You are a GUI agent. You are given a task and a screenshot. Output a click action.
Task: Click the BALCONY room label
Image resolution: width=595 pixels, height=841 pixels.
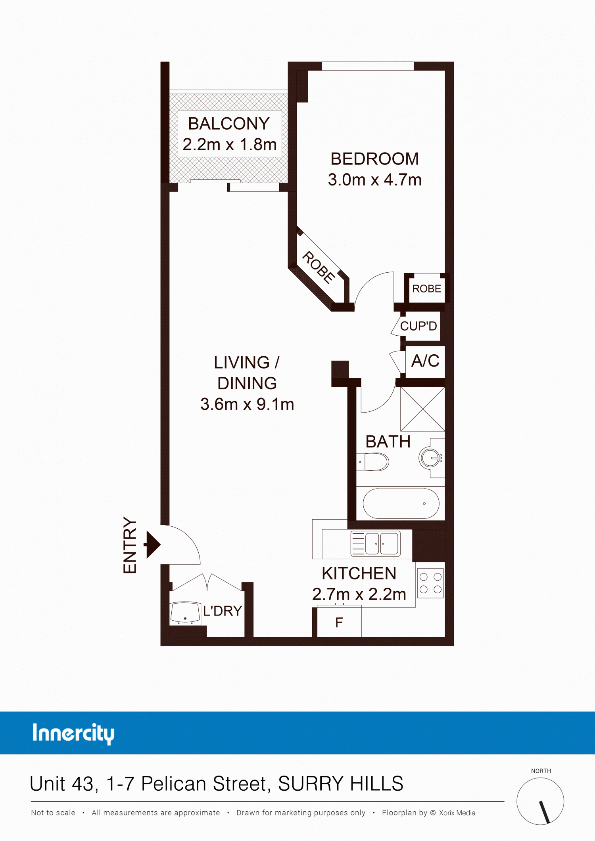point(229,124)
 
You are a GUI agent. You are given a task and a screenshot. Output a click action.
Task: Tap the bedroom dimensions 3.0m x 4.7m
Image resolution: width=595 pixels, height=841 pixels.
point(374,180)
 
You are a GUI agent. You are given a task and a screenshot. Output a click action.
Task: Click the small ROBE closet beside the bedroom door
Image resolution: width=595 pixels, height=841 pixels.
point(426,289)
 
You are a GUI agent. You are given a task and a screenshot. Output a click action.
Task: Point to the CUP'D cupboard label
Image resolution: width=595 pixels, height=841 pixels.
point(418,326)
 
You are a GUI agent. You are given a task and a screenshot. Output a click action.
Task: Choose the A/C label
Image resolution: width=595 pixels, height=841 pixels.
point(425,361)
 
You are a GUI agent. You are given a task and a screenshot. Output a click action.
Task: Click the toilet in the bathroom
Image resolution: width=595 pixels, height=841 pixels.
point(372,462)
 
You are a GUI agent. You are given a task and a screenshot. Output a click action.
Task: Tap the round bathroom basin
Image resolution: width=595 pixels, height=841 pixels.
point(430,458)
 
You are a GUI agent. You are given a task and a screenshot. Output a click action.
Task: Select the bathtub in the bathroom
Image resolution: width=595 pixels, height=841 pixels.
point(401,503)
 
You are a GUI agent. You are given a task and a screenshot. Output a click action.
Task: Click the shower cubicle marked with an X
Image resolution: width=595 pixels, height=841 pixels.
point(422,409)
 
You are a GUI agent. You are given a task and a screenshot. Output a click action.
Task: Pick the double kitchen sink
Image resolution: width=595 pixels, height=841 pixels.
point(375,543)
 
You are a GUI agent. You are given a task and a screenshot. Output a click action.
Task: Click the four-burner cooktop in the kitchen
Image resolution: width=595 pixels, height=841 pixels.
point(430,583)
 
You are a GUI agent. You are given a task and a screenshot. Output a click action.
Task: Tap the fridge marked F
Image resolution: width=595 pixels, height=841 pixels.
point(339,622)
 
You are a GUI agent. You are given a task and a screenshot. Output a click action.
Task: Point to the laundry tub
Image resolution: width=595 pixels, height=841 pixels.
point(185,613)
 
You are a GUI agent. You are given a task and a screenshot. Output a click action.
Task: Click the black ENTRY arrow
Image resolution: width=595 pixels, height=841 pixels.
point(152,545)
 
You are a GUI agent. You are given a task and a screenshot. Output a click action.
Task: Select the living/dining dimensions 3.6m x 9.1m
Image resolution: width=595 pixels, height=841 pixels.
point(247,404)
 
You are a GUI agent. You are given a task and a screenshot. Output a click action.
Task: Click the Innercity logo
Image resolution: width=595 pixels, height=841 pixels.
point(73,734)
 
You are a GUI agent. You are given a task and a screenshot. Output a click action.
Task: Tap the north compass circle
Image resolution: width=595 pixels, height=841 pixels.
point(540,801)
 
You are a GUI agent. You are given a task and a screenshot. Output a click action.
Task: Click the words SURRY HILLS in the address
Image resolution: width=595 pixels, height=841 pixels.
point(341,784)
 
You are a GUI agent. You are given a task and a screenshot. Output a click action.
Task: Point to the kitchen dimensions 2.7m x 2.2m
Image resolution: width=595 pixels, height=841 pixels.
point(359,594)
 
